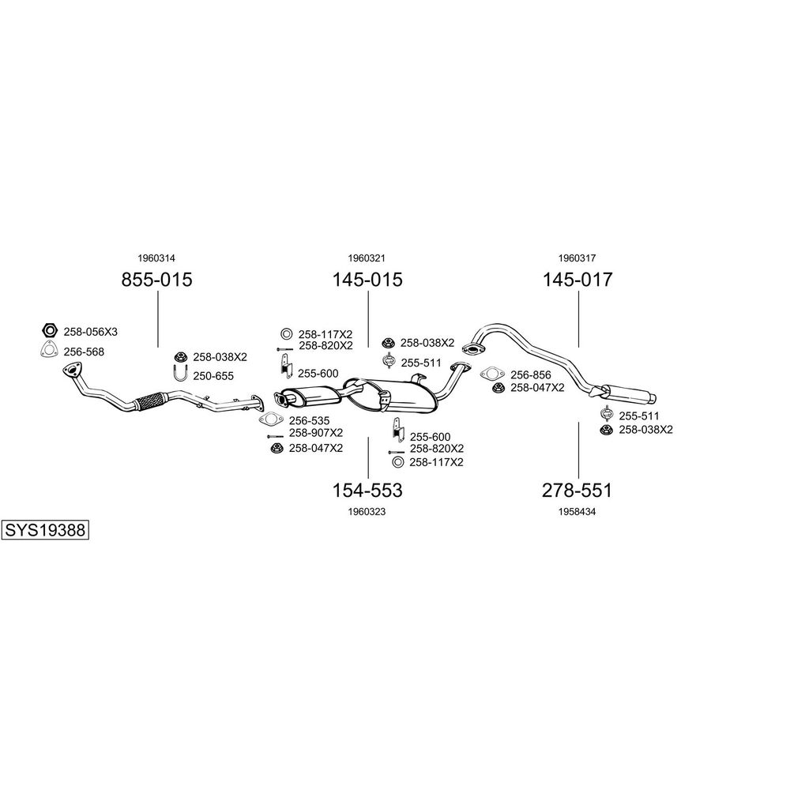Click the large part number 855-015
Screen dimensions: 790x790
click(x=156, y=279)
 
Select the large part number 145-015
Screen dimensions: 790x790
click(x=367, y=279)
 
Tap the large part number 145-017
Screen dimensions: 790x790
click(x=577, y=279)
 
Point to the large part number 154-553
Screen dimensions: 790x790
click(x=367, y=491)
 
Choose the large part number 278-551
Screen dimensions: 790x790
click(x=577, y=491)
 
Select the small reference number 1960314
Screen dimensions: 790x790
click(x=156, y=258)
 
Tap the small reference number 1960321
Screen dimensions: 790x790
click(x=367, y=258)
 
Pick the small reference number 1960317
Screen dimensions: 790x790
click(x=577, y=258)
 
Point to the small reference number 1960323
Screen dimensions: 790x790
click(x=367, y=511)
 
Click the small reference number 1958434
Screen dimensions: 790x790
click(x=577, y=511)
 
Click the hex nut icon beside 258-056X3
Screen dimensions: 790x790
click(x=49, y=330)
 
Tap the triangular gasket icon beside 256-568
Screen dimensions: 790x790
click(x=49, y=352)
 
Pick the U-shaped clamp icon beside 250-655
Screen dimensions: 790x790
click(x=180, y=375)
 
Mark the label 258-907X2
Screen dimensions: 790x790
click(x=315, y=433)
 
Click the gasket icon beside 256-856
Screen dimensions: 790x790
click(x=491, y=374)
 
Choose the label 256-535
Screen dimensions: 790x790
click(x=309, y=421)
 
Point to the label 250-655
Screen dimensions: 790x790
click(x=214, y=376)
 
